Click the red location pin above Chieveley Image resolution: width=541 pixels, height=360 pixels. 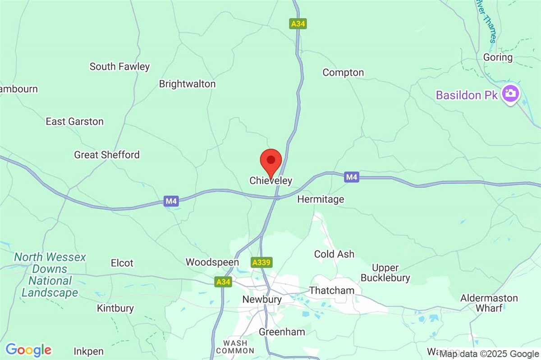(271, 161)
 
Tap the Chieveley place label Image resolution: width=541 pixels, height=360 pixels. (271, 181)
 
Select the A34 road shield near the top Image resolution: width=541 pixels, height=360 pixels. (298, 24)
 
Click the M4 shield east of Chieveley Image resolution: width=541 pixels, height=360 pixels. (352, 178)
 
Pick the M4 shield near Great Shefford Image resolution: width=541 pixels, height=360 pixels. (171, 201)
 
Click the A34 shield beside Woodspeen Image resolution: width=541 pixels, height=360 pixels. (223, 282)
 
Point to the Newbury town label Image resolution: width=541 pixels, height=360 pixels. (262, 300)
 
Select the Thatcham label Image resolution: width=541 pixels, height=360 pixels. (332, 291)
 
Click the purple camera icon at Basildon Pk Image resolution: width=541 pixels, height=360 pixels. (511, 94)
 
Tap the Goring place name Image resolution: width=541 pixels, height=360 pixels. (498, 57)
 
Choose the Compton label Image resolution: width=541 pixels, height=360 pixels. (343, 73)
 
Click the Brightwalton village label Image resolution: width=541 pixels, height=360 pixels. (187, 84)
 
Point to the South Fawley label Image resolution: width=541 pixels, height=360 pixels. (119, 67)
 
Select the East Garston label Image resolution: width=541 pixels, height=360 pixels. (74, 121)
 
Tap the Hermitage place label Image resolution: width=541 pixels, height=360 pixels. (321, 199)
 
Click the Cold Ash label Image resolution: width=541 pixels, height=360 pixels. (334, 254)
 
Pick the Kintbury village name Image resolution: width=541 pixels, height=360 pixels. (115, 309)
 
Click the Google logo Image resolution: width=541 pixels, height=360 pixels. (28, 350)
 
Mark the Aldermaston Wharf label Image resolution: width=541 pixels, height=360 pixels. (489, 303)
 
